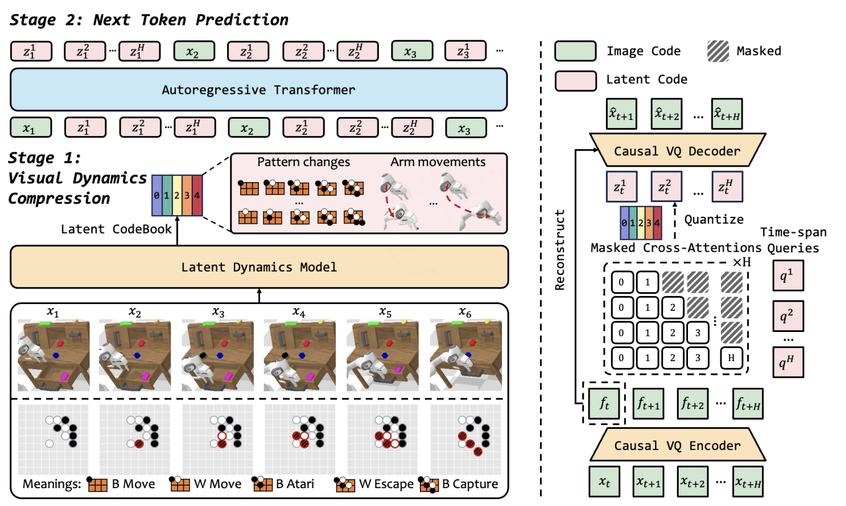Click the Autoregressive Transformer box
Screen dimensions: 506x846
[259, 90]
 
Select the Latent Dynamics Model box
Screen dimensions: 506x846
[259, 267]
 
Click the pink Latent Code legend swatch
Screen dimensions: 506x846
[575, 80]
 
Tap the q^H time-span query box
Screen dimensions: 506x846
[787, 362]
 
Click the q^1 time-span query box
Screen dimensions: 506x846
[787, 276]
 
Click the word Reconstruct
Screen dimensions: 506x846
[560, 248]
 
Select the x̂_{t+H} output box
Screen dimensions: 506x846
[737, 115]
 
